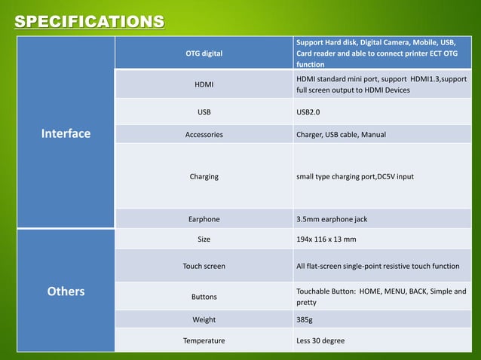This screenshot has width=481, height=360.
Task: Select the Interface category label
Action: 66,134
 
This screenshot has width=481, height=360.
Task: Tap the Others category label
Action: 66,291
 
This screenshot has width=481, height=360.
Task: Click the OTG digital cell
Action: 204,53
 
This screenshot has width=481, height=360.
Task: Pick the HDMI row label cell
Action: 204,84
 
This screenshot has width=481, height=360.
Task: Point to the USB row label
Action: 204,112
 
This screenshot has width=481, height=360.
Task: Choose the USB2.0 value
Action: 311,112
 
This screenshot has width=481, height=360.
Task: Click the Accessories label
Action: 204,135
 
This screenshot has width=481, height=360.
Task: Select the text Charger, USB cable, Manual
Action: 341,135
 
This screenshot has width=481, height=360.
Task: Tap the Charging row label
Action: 204,176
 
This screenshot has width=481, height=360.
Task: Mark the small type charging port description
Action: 354,176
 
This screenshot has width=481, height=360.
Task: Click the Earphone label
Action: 204,219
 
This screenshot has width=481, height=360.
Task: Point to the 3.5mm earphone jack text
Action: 332,219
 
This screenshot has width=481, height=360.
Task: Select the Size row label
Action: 204,239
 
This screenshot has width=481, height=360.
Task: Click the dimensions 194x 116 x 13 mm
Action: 326,239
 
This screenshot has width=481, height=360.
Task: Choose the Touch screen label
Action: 204,266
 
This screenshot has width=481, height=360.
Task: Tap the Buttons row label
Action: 204,297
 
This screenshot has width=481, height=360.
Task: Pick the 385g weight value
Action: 305,319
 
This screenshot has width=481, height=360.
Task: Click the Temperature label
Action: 204,340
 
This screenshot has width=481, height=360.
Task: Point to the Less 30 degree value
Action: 320,340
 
